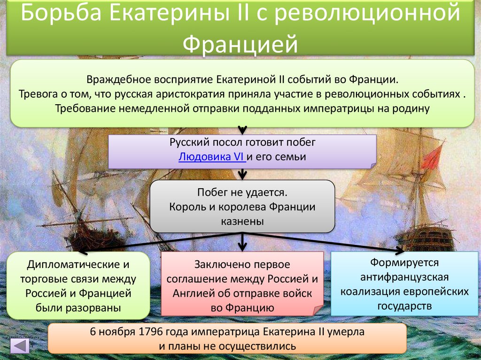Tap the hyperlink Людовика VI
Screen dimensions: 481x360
211,157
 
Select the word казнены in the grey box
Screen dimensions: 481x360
242,221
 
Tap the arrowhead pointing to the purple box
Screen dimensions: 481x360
242,130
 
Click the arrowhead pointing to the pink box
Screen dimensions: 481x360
242,246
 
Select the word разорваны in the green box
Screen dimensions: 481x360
98,308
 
